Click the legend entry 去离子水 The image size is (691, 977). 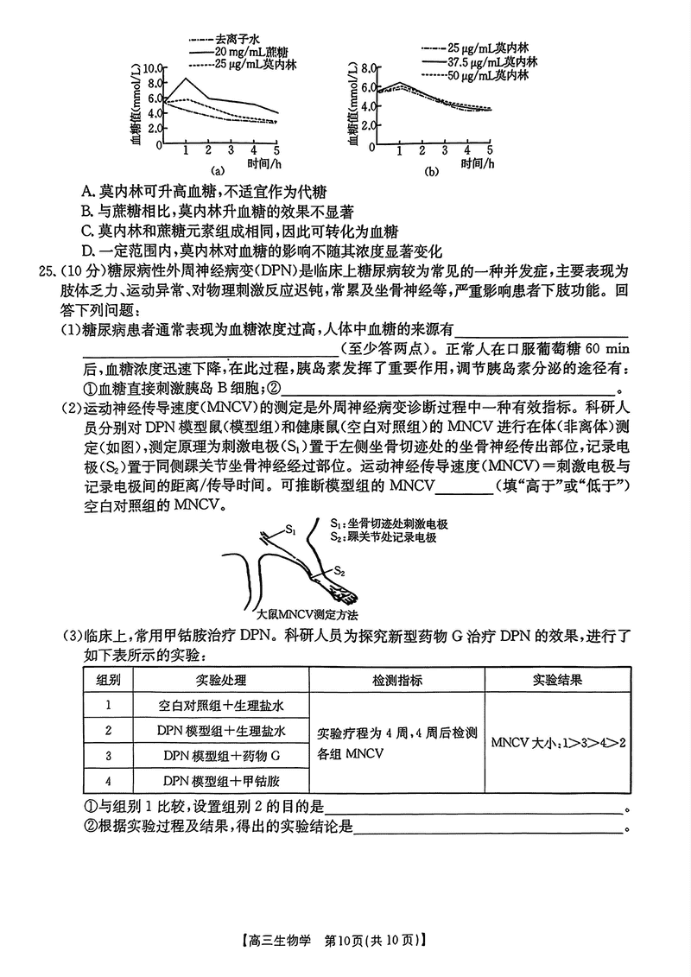(x=231, y=40)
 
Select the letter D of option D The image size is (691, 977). (x=87, y=251)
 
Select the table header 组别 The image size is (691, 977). (x=108, y=680)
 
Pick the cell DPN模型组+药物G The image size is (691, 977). (x=222, y=756)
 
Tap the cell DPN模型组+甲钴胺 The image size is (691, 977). (x=222, y=781)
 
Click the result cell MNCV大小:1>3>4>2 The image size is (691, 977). (x=557, y=743)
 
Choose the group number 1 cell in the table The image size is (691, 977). (x=108, y=705)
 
